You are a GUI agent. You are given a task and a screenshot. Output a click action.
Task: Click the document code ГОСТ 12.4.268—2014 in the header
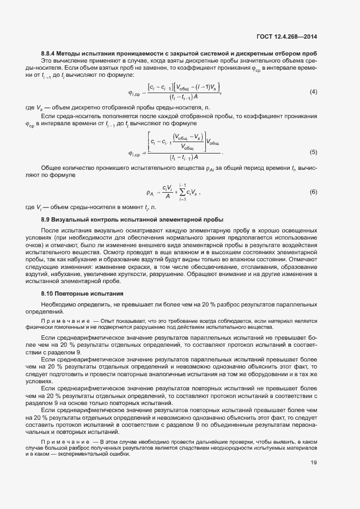[x=286, y=37]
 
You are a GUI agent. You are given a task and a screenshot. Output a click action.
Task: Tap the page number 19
[x=314, y=463]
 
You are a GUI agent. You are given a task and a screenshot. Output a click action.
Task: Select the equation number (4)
[x=313, y=91]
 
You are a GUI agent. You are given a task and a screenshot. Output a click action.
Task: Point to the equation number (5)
[x=313, y=152]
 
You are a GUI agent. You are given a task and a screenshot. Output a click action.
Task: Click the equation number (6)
[x=313, y=192]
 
